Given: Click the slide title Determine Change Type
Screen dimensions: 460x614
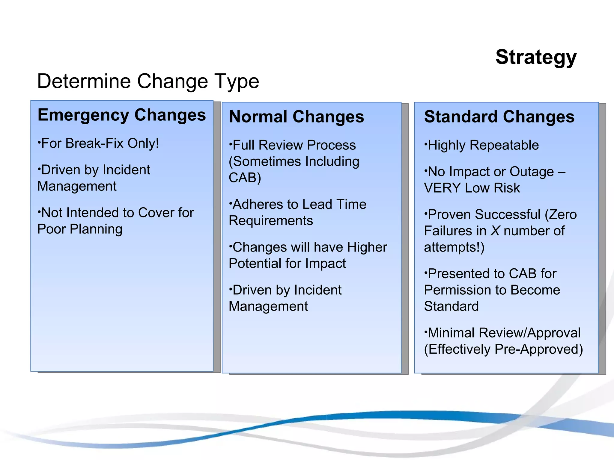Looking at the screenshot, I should coord(148,81).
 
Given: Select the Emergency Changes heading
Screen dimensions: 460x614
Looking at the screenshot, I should coord(122,115).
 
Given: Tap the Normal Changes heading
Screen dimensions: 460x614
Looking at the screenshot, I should coord(296,117).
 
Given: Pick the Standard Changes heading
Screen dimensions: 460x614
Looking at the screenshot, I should coord(499,117).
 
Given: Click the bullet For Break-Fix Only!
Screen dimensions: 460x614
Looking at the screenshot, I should coord(99,143).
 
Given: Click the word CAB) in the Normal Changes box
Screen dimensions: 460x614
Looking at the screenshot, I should coord(245,178).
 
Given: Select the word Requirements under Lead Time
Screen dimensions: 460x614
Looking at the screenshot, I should coord(271,221).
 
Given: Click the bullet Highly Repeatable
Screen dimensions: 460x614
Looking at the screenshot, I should coord(483,145).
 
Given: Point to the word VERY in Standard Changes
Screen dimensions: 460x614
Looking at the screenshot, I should coord(442,188).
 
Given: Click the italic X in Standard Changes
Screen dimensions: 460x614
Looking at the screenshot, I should coord(495,231).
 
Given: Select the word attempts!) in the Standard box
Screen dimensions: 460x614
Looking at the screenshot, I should coord(454,247).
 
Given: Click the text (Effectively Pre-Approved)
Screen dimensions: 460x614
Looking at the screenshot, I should coord(503,349).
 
